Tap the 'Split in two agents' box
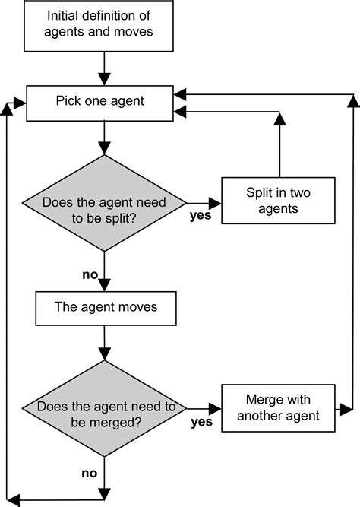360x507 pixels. click(278, 200)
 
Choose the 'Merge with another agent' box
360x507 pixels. click(278, 407)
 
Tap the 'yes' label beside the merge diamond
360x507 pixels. click(201, 420)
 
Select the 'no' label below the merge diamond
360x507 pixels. click(90, 474)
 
